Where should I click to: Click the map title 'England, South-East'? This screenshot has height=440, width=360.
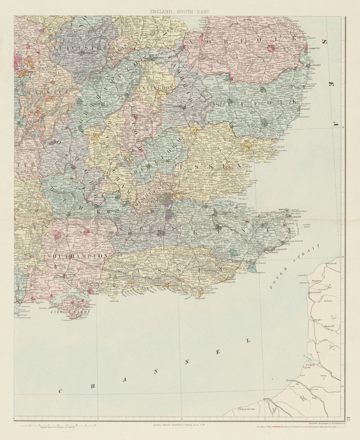[180, 12]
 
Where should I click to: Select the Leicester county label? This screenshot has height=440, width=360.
[80, 47]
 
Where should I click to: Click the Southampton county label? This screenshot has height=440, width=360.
[77, 255]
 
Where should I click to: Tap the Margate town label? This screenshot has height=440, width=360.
[284, 209]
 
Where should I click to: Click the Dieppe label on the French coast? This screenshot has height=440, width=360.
[266, 399]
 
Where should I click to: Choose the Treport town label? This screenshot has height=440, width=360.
[290, 380]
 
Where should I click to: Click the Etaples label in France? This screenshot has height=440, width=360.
[318, 319]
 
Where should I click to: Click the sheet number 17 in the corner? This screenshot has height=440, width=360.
[348, 419]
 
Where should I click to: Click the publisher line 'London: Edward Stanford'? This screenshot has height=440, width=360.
[180, 425]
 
